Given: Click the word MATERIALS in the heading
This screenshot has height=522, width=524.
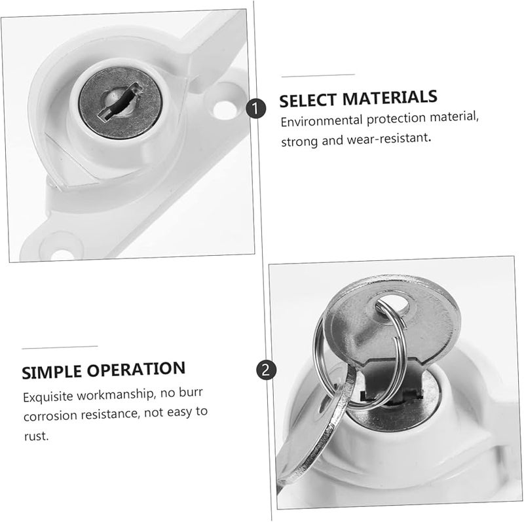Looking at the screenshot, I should (x=391, y=99).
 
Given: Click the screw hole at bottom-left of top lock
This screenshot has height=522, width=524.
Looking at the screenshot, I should (x=62, y=245).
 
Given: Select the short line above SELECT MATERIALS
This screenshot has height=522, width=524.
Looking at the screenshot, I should (x=317, y=75).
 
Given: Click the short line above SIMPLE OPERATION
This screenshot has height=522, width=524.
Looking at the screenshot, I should (x=60, y=345).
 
